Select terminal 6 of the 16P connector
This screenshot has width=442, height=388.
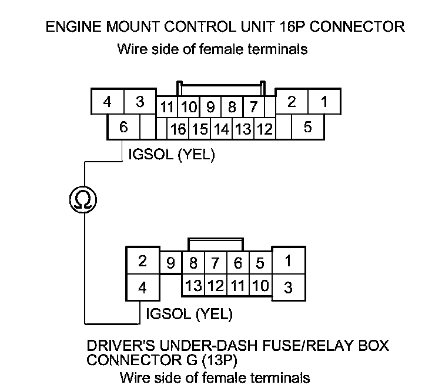[x=123, y=127]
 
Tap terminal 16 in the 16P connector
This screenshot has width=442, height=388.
[x=178, y=128]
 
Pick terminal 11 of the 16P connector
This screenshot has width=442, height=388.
[x=166, y=107]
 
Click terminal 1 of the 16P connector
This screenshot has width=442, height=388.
[x=323, y=102]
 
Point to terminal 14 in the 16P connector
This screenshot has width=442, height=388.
[x=222, y=128]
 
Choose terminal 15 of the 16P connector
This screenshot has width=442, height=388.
[x=200, y=128]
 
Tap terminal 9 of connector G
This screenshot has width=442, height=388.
[x=171, y=263]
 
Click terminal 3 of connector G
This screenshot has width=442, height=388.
[x=289, y=288]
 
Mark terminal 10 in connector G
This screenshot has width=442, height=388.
[x=260, y=286]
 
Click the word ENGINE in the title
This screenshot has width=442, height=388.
[x=71, y=26]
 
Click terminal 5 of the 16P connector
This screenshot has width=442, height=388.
[x=307, y=126]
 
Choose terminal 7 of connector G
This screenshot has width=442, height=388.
[x=215, y=263]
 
